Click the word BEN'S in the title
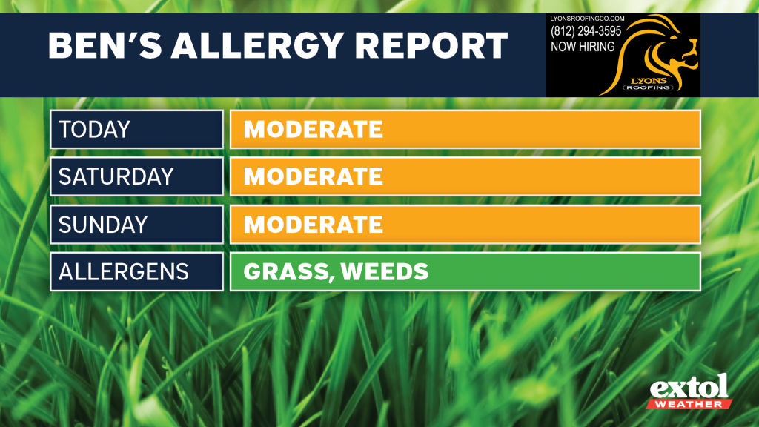click(105, 45)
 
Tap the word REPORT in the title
click(431, 45)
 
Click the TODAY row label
click(94, 129)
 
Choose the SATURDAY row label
click(116, 176)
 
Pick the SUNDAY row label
click(103, 224)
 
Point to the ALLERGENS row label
click(124, 271)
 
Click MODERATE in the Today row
click(314, 129)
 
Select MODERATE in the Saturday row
click(314, 176)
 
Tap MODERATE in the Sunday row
click(314, 224)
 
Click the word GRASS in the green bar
click(289, 272)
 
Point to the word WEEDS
click(385, 271)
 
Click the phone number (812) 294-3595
click(586, 31)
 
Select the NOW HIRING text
click(583, 47)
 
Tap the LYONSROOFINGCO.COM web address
click(587, 19)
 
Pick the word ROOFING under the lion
click(648, 87)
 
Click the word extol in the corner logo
click(689, 387)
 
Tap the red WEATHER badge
click(689, 404)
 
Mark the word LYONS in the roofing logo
click(649, 81)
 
